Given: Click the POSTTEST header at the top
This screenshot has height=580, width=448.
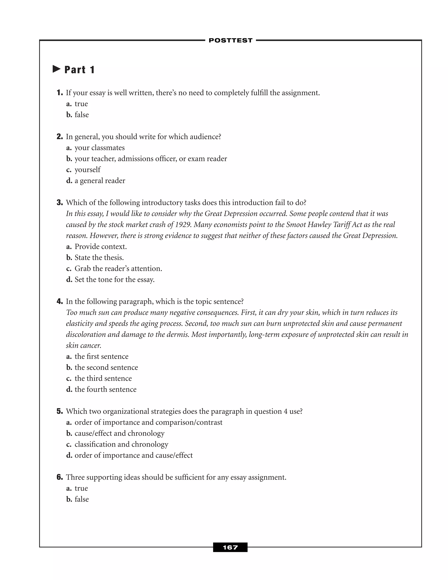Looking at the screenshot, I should point(230,40).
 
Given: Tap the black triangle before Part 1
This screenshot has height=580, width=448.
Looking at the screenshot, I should point(56,69).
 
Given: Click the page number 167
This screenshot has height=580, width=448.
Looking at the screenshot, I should point(230,547).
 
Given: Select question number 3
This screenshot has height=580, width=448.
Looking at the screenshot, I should point(60,203).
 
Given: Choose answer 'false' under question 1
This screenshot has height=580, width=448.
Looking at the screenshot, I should point(81,115).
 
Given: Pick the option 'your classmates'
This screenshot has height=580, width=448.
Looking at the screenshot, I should point(100,148).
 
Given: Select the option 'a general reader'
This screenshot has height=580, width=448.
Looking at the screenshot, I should point(100,181).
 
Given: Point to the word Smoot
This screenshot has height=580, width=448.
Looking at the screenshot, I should point(295,225).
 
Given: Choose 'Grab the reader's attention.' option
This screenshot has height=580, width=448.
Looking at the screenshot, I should point(118,269).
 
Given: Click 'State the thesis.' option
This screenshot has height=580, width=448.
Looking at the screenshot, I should point(99,258).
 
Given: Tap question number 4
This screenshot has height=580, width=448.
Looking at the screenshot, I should point(60,301).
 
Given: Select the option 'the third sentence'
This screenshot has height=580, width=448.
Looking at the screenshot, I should point(103,378).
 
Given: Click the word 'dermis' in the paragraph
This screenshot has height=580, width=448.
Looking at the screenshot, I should point(178,334).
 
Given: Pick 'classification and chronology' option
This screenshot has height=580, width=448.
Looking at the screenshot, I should point(121,444).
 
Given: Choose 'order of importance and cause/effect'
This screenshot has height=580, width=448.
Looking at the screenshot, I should point(133,455).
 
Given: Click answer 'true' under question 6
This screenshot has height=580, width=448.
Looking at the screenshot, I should point(81,488).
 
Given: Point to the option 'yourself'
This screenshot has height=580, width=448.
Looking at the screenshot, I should point(87,170).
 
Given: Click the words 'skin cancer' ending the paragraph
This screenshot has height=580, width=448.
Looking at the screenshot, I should point(83,346).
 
